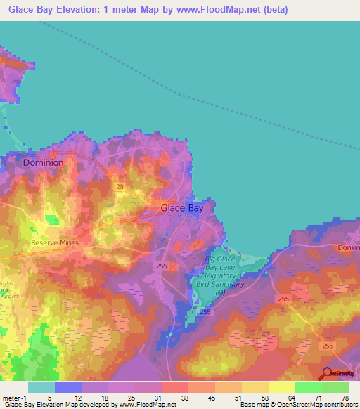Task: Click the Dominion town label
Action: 43,162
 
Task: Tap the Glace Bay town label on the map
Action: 182,208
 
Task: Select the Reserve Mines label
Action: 56,243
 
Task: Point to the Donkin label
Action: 349,248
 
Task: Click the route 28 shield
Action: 120,187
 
